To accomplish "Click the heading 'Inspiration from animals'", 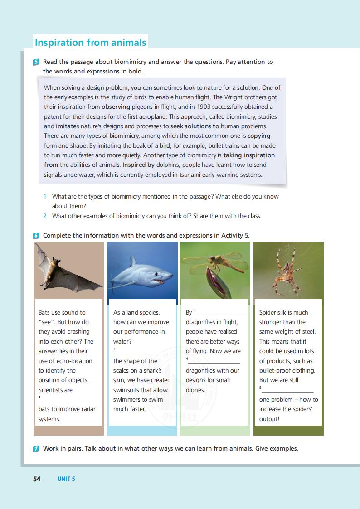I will click(91, 43).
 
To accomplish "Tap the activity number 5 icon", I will click(36, 62).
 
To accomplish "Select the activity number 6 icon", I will click(36, 236).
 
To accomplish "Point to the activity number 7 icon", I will click(36, 449).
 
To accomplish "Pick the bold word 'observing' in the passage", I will click(116, 107).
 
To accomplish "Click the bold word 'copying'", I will click(259, 136).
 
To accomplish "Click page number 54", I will click(37, 479).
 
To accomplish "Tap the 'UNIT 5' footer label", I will click(66, 479).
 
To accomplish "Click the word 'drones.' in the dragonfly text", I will click(195, 390).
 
